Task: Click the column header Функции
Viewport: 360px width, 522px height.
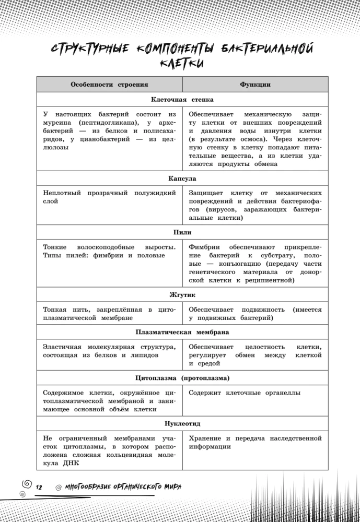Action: pyautogui.click(x=255, y=84)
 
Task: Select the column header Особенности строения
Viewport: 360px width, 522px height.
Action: pyautogui.click(x=109, y=84)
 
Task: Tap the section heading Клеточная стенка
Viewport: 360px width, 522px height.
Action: pyautogui.click(x=182, y=99)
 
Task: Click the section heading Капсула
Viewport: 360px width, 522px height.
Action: pyautogui.click(x=182, y=179)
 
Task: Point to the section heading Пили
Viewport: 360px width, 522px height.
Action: pyautogui.click(x=182, y=232)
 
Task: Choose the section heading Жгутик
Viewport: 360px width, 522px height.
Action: pyautogui.click(x=182, y=295)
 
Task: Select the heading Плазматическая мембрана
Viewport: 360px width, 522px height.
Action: pyautogui.click(x=182, y=331)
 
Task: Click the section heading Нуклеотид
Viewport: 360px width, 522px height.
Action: pyautogui.click(x=182, y=424)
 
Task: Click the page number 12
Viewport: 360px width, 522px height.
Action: pyautogui.click(x=39, y=487)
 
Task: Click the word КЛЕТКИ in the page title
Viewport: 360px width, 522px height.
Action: pyautogui.click(x=182, y=63)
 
